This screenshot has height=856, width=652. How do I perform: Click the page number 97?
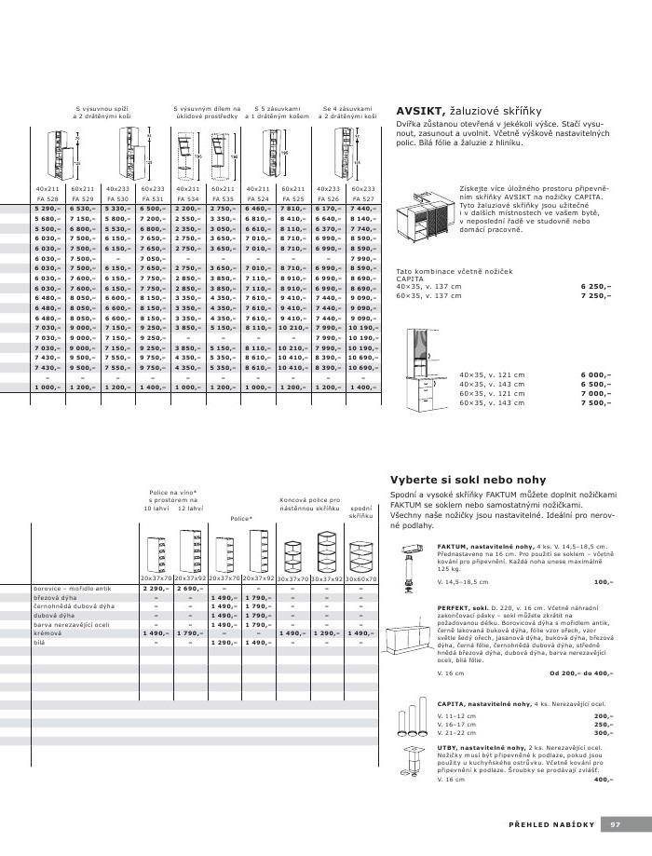[x=615, y=823]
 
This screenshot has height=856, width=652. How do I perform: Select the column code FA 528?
[x=48, y=198]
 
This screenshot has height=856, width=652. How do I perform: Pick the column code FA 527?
[x=363, y=198]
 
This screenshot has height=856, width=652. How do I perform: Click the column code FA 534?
[x=188, y=198]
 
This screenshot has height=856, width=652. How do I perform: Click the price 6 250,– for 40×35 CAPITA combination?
[x=596, y=287]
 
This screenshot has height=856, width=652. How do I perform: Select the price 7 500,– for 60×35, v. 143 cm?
[x=596, y=402]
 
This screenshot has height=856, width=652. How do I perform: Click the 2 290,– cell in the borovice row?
[x=154, y=589]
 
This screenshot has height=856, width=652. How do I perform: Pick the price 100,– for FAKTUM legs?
[x=603, y=581]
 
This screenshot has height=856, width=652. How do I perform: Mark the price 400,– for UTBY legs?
[x=603, y=779]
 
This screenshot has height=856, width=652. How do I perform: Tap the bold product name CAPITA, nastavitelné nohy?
[x=484, y=703]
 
